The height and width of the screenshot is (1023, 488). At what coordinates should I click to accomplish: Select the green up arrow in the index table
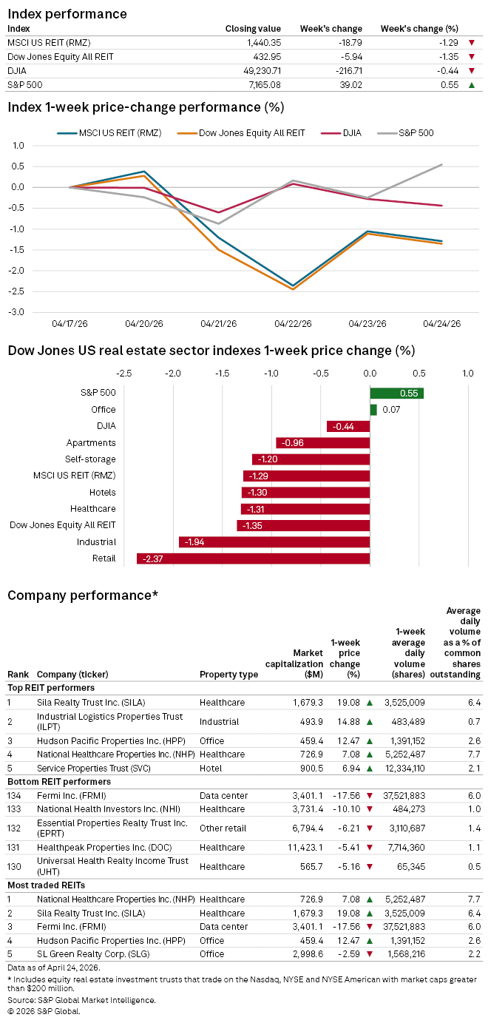click(471, 85)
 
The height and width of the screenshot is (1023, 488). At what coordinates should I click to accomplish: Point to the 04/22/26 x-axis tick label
click(293, 324)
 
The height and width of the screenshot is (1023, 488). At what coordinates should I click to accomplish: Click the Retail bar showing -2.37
click(253, 558)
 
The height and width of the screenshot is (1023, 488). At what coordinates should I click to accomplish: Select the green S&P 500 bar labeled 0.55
click(396, 394)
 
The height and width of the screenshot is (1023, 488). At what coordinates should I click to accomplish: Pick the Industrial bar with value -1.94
click(274, 541)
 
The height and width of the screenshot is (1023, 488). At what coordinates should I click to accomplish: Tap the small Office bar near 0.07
click(373, 410)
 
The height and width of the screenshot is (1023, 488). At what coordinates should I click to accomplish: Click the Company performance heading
click(83, 595)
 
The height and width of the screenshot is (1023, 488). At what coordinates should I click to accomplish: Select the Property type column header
click(228, 675)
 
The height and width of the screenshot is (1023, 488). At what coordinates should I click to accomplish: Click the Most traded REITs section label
click(46, 885)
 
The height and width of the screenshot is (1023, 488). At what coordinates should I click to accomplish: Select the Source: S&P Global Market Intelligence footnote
click(82, 1000)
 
